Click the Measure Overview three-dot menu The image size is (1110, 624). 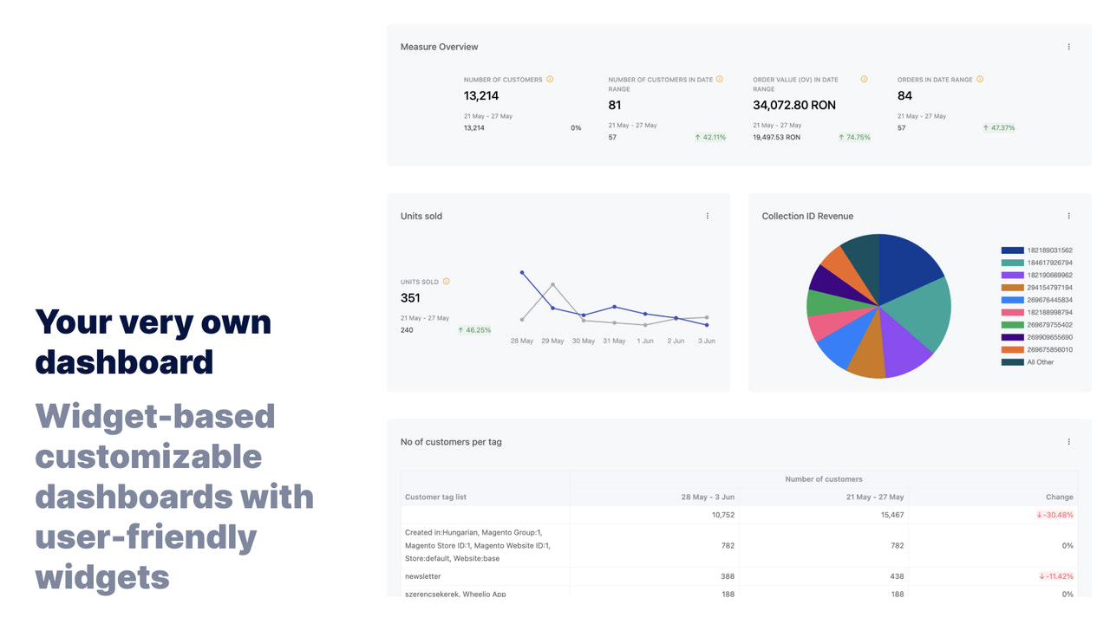[x=1068, y=47]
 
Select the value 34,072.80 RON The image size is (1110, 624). [x=794, y=105]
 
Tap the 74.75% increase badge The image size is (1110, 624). [x=855, y=137]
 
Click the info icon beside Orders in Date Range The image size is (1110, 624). [x=980, y=79]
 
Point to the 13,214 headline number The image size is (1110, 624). [x=481, y=95]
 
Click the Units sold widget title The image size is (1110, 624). [x=421, y=216]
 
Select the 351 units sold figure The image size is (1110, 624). [x=410, y=298]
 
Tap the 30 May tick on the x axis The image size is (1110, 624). [x=583, y=341]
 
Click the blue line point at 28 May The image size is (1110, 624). [x=522, y=272]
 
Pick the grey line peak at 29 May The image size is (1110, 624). [x=552, y=284]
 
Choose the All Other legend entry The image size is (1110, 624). [x=1040, y=362]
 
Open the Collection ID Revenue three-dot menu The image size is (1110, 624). [x=1068, y=216]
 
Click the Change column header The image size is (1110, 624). [x=1060, y=497]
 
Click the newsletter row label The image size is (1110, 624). [x=423, y=576]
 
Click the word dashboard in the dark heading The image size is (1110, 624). [x=124, y=361]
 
